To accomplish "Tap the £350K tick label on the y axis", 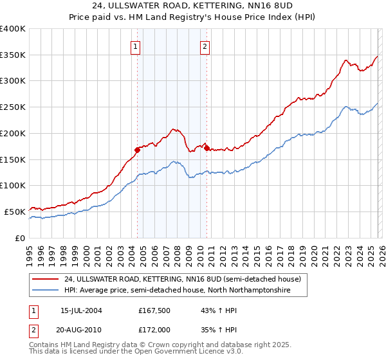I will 13,55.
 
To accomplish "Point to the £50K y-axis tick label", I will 15,212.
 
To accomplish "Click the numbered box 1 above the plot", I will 136,46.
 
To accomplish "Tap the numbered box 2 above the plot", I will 205,46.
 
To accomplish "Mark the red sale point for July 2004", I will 137,150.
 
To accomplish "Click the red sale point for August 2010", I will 207,148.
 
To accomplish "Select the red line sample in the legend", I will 47,279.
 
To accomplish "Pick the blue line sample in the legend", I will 47,291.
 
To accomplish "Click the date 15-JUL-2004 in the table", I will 81,310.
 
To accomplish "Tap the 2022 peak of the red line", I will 345,60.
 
